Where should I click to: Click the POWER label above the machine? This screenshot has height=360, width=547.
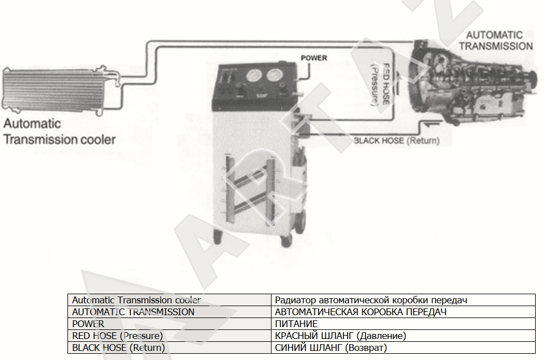(314, 58)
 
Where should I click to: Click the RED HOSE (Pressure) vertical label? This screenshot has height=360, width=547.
(380, 84)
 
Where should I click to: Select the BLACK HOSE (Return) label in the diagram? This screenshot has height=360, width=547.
(396, 141)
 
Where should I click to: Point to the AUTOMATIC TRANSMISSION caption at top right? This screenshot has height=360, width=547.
(496, 40)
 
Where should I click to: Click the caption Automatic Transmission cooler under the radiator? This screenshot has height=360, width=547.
(60, 132)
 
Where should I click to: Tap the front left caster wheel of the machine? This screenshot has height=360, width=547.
(218, 237)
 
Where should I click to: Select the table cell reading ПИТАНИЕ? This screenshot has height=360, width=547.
(403, 324)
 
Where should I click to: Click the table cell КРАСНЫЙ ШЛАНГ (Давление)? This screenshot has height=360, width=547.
(403, 336)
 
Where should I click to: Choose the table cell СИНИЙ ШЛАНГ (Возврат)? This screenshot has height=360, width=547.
(403, 348)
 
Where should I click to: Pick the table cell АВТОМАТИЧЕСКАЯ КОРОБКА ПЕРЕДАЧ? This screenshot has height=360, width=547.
(403, 312)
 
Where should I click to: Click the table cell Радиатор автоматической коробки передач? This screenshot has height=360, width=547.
(403, 300)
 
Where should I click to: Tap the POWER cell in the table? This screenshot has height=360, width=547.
(169, 324)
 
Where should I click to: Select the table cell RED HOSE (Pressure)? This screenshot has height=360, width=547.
(169, 336)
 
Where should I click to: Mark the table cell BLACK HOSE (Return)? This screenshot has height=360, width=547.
(169, 348)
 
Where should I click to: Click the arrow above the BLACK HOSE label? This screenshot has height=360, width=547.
(432, 122)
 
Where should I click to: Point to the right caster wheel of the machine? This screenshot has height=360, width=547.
(286, 241)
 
